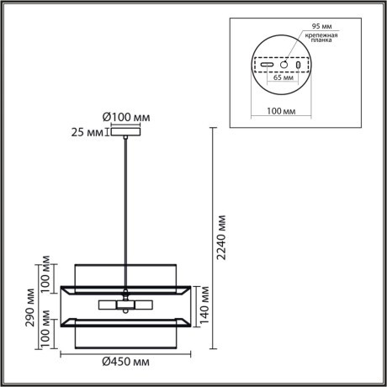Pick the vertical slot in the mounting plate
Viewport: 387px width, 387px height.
pos(298,65)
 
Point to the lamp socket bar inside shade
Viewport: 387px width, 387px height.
pos(125,304)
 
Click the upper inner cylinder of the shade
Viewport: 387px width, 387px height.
pos(125,275)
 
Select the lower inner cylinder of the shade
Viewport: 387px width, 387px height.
pos(125,333)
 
